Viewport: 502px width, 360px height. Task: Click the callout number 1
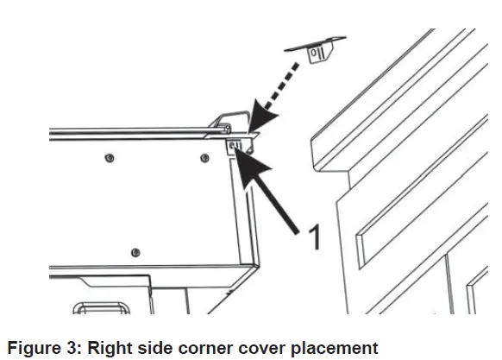[x=314, y=236]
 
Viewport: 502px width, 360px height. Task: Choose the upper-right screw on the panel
[x=204, y=158]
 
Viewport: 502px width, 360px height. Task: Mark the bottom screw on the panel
[x=135, y=251]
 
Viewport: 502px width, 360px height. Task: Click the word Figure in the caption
[x=31, y=348]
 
